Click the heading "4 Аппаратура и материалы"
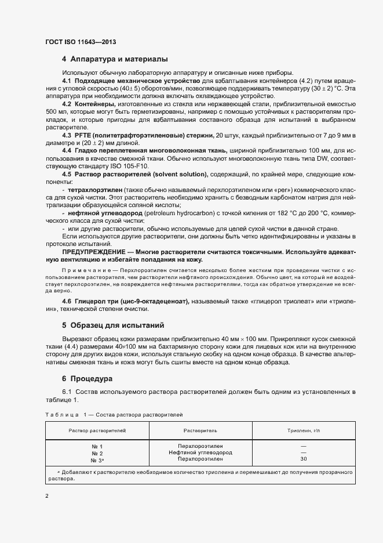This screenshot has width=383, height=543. pyautogui.click(x=115, y=59)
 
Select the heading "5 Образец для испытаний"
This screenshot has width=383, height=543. pyautogui.click(x=113, y=325)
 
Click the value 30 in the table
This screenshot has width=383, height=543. pyautogui.click(x=304, y=458)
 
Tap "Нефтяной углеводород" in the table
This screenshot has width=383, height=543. pyautogui.click(x=200, y=452)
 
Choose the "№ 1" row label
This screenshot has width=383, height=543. pyautogui.click(x=97, y=446)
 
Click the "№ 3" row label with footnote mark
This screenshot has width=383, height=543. pyautogui.click(x=97, y=459)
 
